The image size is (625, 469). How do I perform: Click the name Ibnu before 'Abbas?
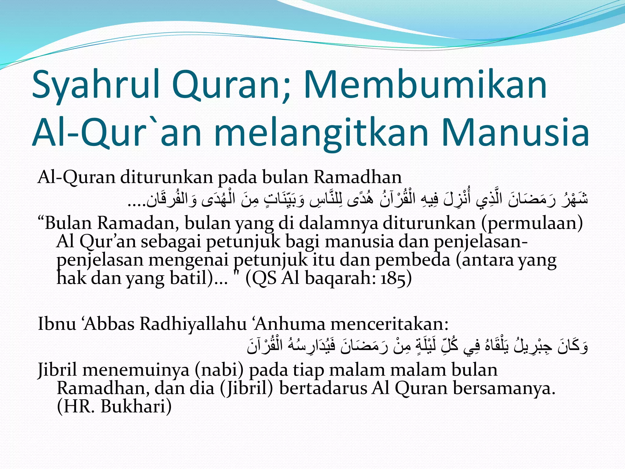point(57,324)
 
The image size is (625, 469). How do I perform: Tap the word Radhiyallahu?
point(193,324)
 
